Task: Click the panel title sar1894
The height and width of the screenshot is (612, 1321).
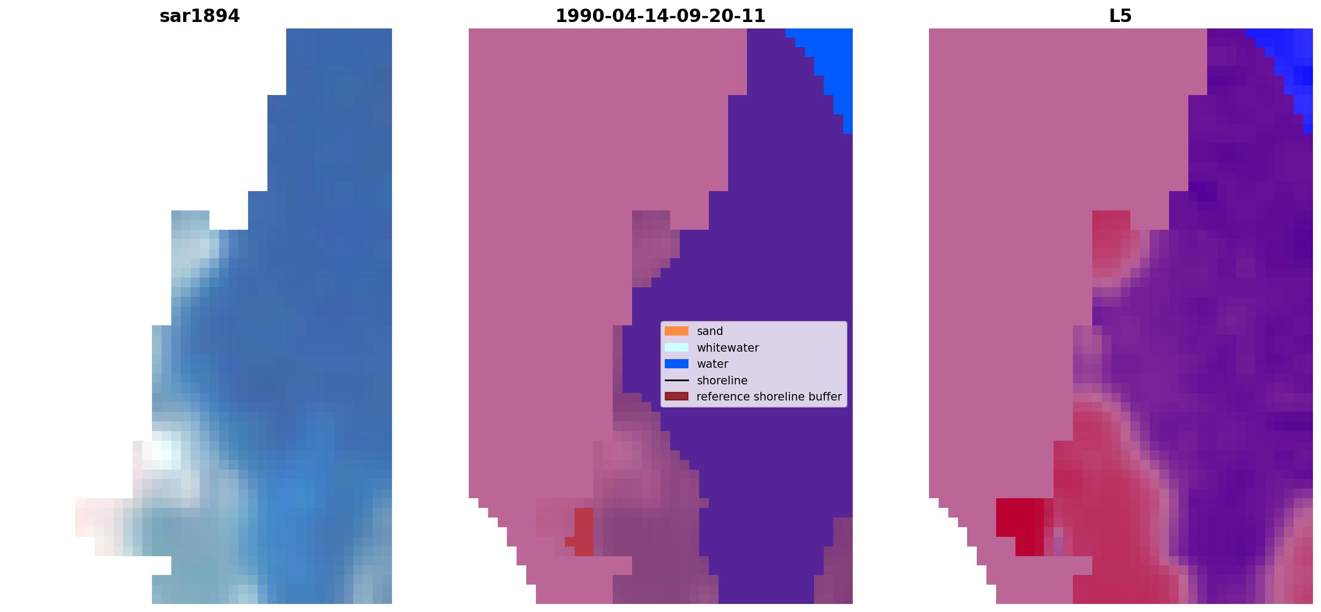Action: point(200,16)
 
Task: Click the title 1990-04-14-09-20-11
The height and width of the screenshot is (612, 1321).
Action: point(660,16)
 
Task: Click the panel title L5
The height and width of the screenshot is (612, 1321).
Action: point(1121,16)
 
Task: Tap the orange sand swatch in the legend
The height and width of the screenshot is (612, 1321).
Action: point(677,331)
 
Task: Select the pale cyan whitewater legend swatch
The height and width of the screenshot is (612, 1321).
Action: point(677,348)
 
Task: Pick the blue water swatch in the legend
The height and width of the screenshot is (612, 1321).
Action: point(677,364)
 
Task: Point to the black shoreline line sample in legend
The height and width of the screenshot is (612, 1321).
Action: point(677,381)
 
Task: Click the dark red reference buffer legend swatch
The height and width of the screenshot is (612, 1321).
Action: point(677,397)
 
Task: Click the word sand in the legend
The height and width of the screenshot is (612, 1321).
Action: point(710,331)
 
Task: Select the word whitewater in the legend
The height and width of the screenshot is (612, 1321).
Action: point(728,348)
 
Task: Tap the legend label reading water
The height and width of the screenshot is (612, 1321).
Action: point(713,364)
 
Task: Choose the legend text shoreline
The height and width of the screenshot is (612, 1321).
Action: point(722,381)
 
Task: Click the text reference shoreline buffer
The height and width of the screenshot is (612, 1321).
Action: point(770,397)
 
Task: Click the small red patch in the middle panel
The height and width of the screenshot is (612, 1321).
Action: point(583,531)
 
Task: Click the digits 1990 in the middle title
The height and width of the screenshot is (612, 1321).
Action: point(579,16)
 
